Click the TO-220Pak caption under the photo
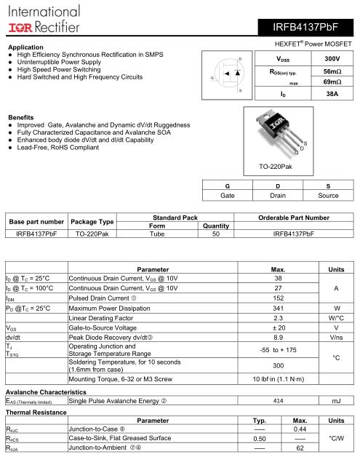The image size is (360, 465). click(276, 167)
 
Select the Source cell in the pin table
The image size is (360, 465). click(328, 195)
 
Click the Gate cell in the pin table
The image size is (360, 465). click(228, 195)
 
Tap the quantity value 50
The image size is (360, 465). click(215, 234)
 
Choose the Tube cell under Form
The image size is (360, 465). click(157, 234)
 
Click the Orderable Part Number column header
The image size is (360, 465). click(293, 218)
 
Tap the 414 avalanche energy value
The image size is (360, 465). click(278, 400)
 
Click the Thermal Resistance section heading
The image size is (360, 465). click(31, 410)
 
